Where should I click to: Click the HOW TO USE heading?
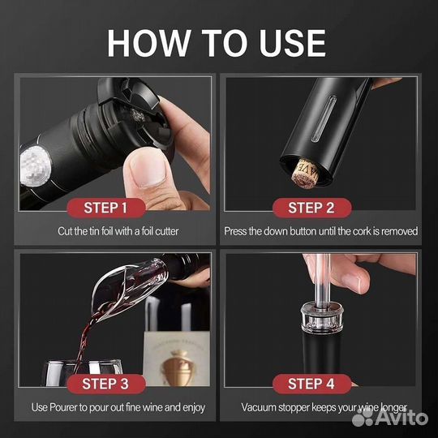(217, 43)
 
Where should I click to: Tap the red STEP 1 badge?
(106, 208)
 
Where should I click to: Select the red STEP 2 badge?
(311, 208)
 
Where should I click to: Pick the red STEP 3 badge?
(106, 384)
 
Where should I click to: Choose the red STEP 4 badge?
(311, 384)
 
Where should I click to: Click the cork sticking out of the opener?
(306, 174)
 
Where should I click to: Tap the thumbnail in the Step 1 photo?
(148, 169)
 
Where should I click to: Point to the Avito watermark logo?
(390, 417)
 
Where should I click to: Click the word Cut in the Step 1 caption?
(65, 231)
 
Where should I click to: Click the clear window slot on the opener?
(324, 119)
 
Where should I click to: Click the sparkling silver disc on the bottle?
(34, 166)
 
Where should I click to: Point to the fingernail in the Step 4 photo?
(353, 283)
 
